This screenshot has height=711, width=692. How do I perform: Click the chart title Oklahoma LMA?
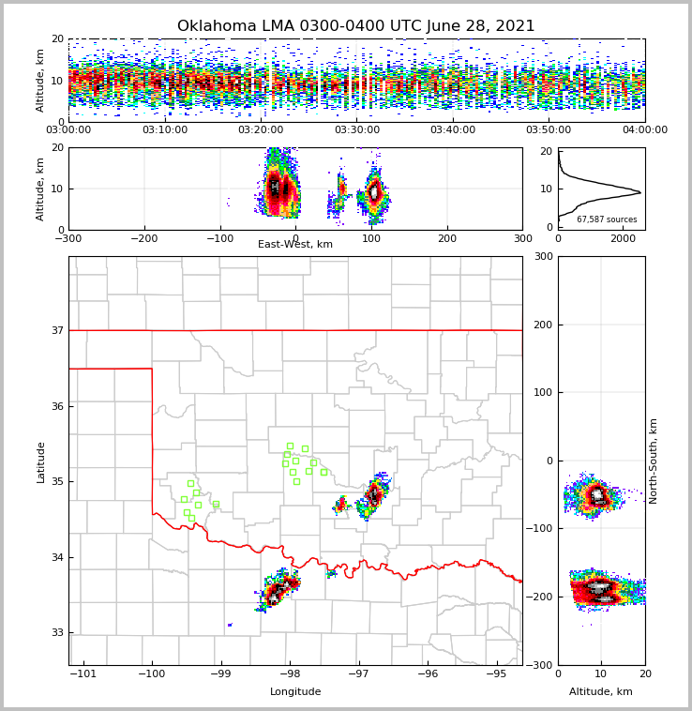[x=355, y=26]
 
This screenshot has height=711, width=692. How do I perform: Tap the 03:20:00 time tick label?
[x=261, y=130]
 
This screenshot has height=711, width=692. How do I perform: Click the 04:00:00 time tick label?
[x=644, y=130]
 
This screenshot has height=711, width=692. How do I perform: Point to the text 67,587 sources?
[x=607, y=219]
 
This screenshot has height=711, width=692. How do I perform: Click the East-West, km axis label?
[x=295, y=245]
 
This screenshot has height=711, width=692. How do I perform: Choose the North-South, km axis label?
[x=654, y=461]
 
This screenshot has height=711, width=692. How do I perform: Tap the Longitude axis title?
[x=295, y=692]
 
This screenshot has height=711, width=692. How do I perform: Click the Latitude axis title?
[x=40, y=461]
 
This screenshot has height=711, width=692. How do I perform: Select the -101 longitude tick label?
[x=83, y=673]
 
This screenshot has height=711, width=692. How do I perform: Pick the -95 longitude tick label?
[x=497, y=673]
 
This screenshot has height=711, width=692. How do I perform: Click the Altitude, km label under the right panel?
[x=601, y=692]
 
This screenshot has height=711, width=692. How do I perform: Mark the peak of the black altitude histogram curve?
[x=640, y=192]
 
